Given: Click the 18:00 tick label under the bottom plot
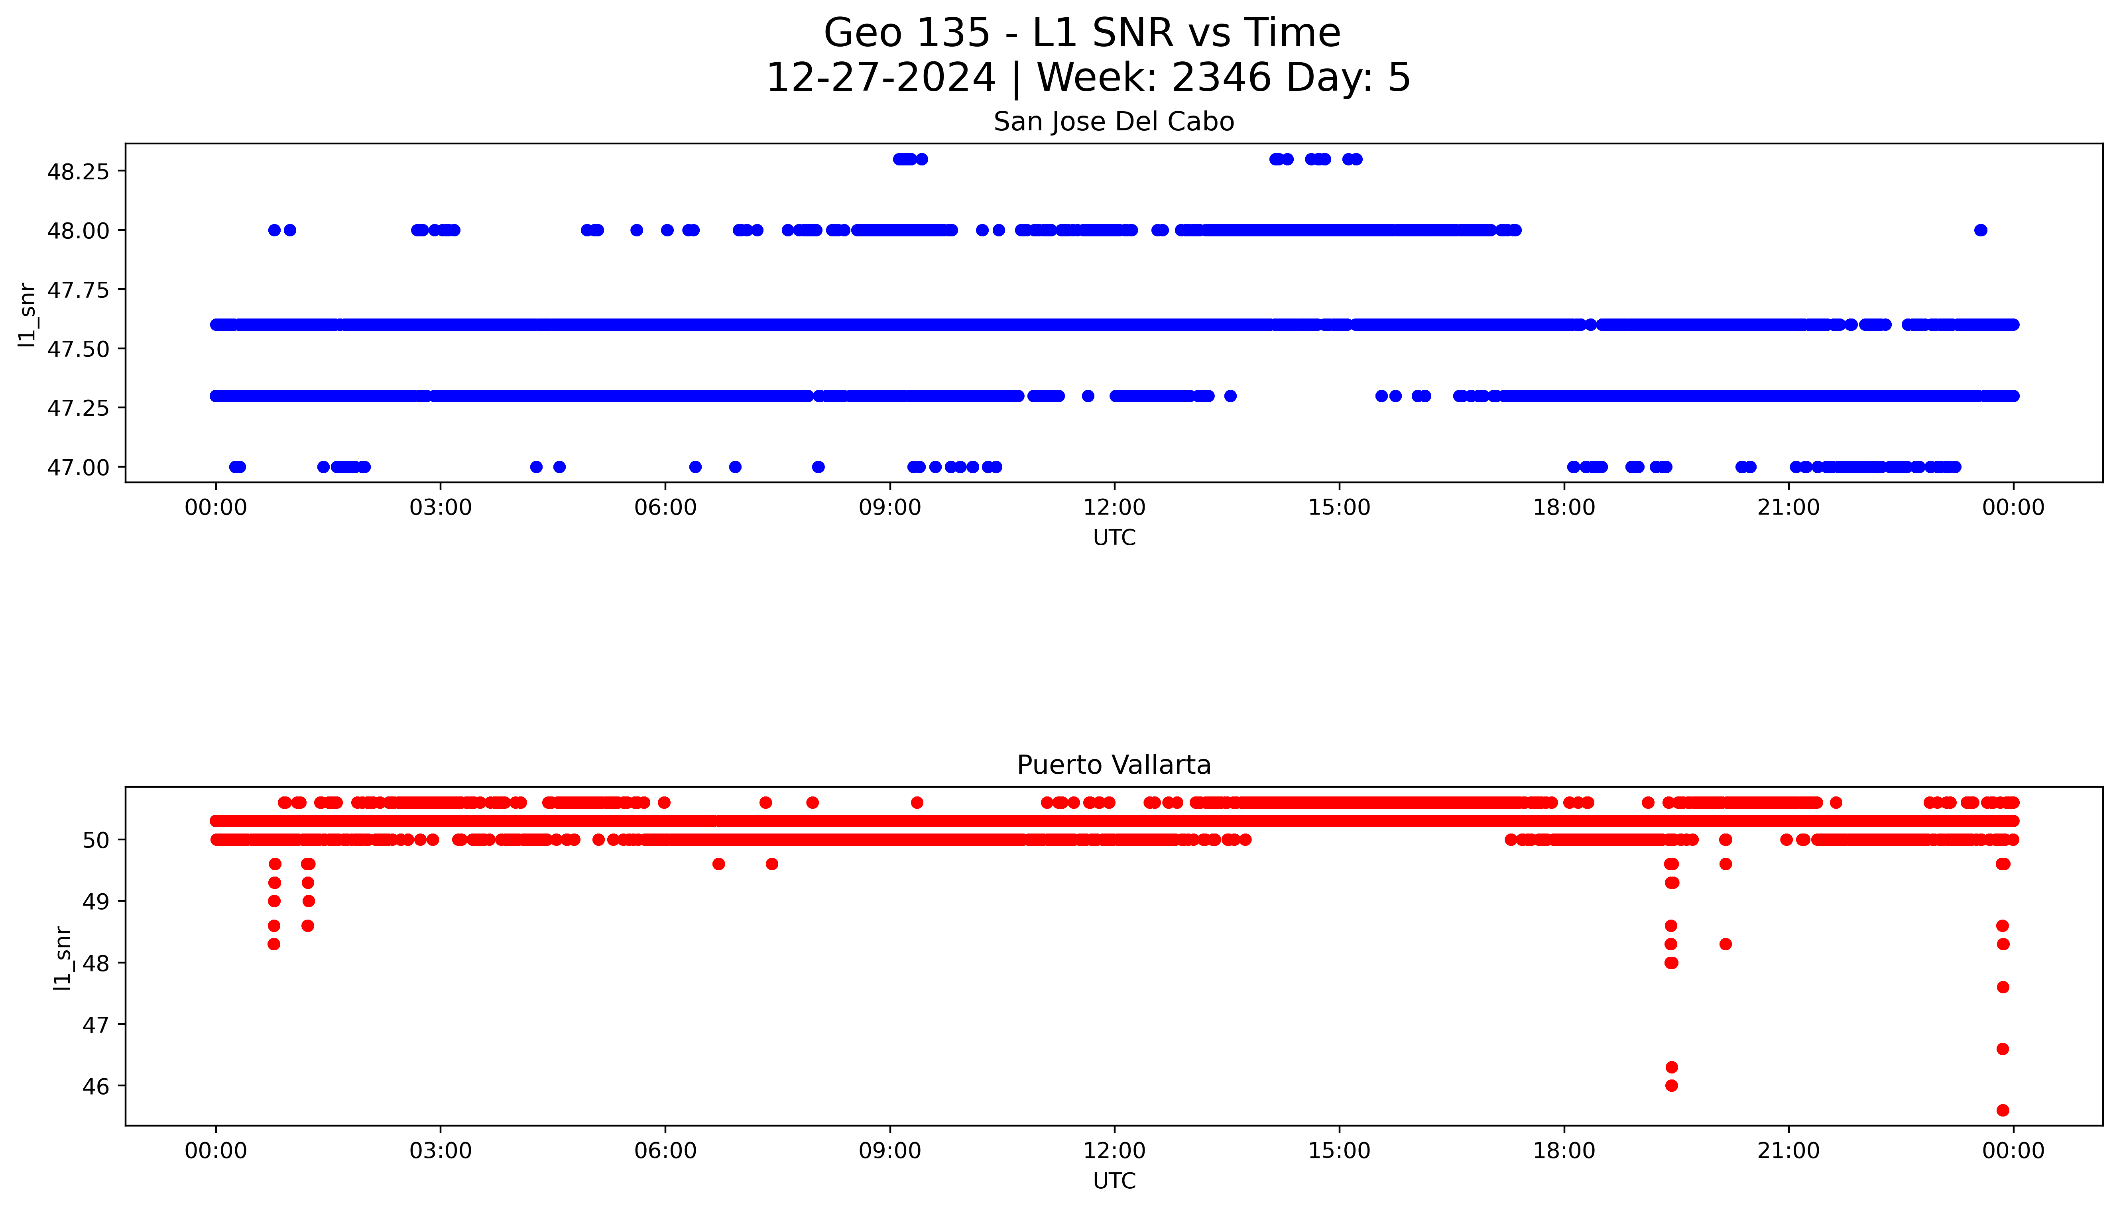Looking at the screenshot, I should point(1564,1151).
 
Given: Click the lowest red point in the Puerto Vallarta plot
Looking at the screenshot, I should point(2002,1110).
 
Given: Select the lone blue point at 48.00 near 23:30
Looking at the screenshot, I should point(1980,230).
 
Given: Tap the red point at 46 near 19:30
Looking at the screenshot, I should point(1671,1085).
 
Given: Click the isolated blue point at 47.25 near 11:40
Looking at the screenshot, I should point(1088,396).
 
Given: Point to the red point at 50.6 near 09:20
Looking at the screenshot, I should point(917,802).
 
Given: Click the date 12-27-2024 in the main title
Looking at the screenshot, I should point(880,78).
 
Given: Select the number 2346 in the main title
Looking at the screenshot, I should point(1221,78).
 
